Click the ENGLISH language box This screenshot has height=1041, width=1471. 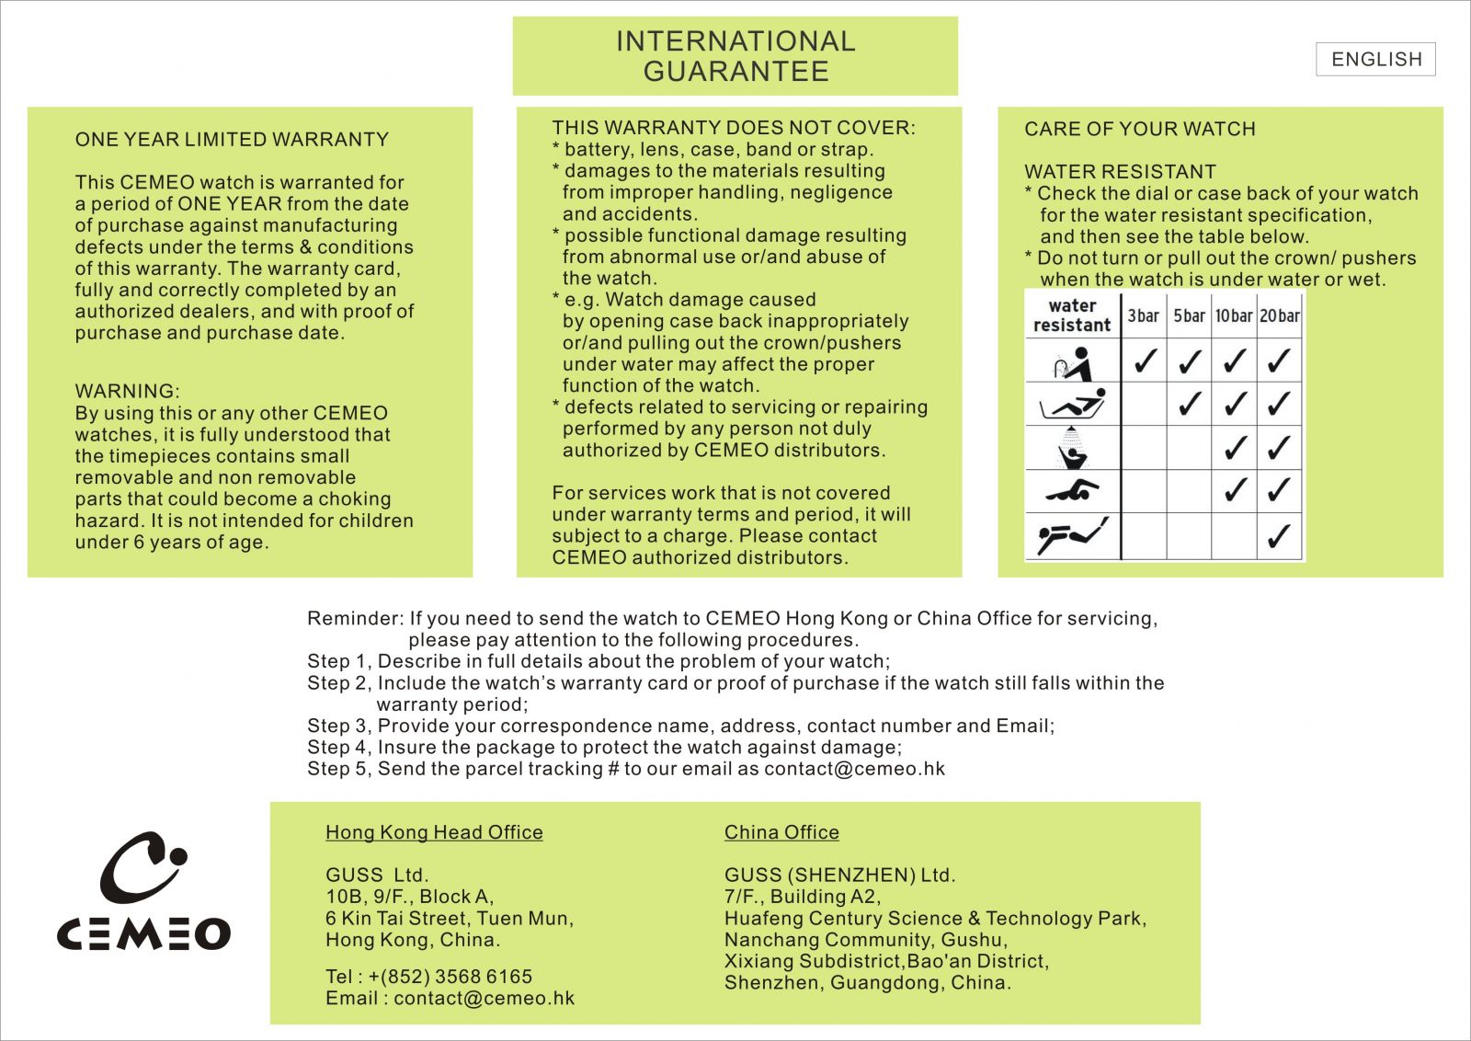(1375, 59)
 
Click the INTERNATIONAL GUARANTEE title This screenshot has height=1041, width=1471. (735, 56)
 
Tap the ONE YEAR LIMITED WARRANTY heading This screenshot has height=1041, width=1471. (232, 140)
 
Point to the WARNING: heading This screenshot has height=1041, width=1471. (128, 391)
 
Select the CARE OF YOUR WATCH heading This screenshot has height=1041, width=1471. (1140, 129)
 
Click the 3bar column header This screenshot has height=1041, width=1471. (1144, 315)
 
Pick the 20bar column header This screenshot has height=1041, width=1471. (1280, 315)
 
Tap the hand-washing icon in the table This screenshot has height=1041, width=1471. (1072, 363)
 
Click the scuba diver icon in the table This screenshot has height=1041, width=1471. (1072, 535)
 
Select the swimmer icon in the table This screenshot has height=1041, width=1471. (1072, 491)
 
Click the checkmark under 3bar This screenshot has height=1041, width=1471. (1145, 360)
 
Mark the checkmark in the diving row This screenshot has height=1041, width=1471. (1279, 535)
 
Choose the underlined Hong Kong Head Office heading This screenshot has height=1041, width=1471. (434, 832)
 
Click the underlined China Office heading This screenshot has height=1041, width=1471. (781, 832)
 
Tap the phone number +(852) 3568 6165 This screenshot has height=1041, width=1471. (450, 977)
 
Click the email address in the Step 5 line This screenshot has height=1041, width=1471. (854, 769)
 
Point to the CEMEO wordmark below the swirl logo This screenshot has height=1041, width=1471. (144, 933)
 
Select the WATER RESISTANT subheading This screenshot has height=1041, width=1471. (1120, 172)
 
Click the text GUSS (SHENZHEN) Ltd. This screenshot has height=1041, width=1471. (839, 875)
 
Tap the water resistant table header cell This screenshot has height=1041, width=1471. (1072, 315)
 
